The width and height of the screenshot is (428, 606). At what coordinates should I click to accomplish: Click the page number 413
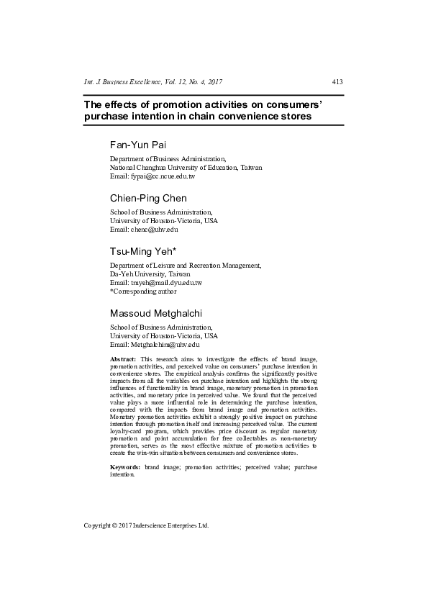click(x=337, y=82)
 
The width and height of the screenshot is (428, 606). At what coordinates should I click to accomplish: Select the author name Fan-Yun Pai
click(x=137, y=144)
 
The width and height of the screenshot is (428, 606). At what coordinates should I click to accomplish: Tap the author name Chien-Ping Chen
click(x=148, y=198)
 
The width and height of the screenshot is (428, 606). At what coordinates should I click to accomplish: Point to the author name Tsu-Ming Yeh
click(x=140, y=251)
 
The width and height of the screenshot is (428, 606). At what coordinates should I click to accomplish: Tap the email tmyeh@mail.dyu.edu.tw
click(x=166, y=283)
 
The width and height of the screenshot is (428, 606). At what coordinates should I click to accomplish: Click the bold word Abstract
click(x=122, y=358)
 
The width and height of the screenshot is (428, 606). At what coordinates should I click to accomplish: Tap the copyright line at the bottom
click(x=147, y=525)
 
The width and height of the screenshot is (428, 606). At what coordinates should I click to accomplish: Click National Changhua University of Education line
click(x=186, y=167)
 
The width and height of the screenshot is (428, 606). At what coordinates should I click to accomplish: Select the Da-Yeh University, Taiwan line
click(x=150, y=274)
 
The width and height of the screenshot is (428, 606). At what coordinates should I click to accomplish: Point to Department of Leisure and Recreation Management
click(x=185, y=266)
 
